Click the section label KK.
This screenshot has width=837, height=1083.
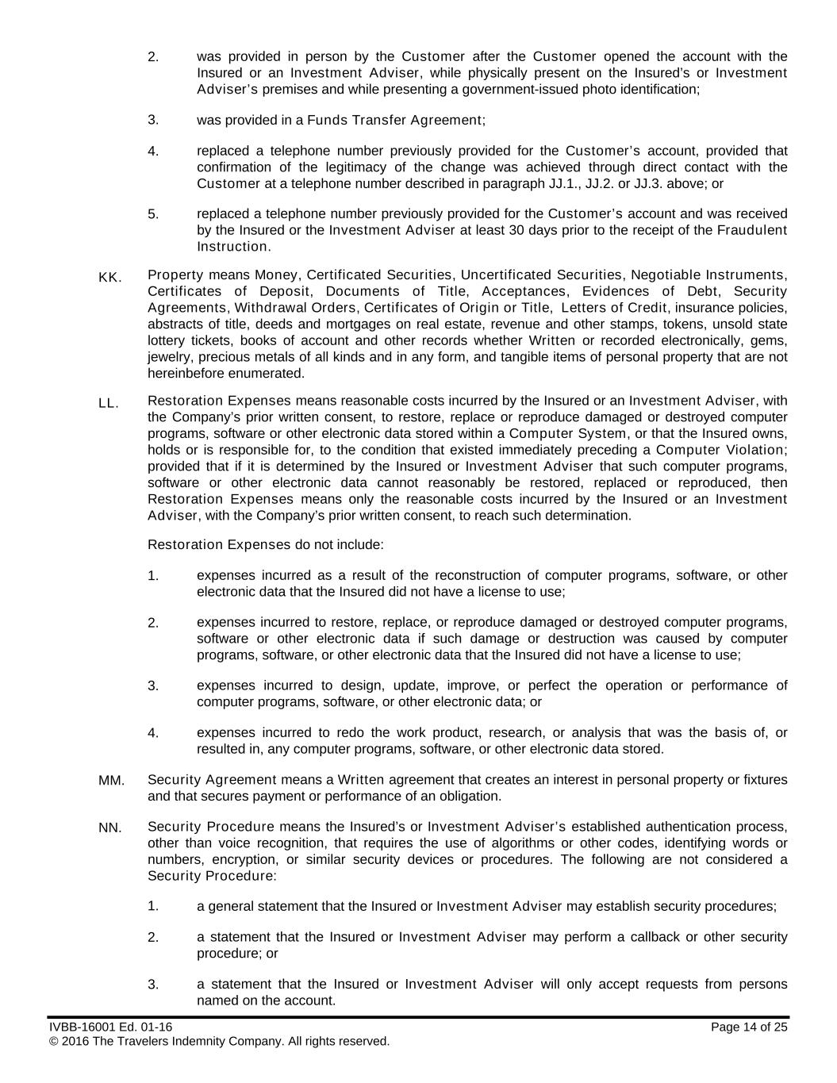pos(109,277)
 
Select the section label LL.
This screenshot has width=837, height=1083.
pos(109,403)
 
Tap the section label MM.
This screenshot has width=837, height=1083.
pos(111,781)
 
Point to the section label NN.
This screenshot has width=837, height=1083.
pos(110,828)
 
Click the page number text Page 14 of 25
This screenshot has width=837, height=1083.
pos(749,1027)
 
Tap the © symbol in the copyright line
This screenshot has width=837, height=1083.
pos(53,1041)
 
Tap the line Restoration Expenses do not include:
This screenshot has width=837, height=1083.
pos(266,545)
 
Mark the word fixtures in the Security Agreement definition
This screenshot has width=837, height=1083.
pos(763,780)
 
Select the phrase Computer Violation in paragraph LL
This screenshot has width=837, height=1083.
pos(721,450)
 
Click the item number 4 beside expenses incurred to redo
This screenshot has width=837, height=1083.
pos(153,732)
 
